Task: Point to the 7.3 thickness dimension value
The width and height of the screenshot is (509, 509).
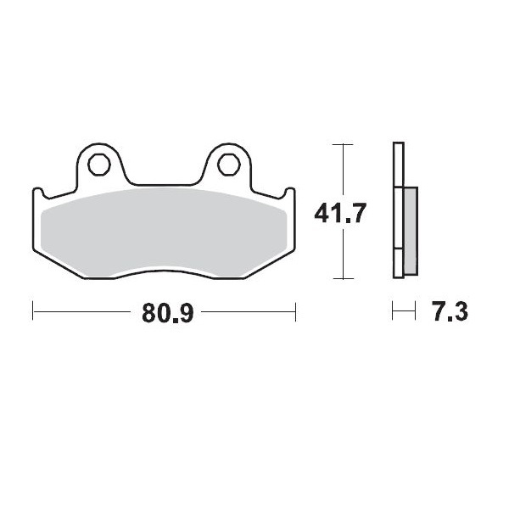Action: coord(450,313)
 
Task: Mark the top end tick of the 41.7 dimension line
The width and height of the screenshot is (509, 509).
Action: coord(341,145)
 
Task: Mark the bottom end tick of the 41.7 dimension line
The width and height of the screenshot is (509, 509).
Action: coord(341,278)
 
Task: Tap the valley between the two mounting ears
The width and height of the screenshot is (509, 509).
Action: coord(163,184)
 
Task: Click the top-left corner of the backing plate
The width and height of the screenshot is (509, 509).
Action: coord(35,191)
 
